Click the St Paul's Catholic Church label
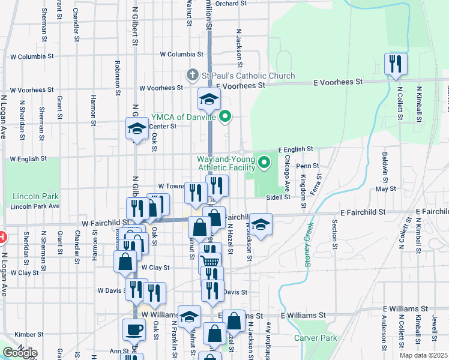point(248,76)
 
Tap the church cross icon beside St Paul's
point(193,76)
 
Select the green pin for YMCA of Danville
point(226,116)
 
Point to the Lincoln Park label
point(35,197)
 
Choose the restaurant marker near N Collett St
point(396,64)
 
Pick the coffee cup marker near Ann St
point(134,329)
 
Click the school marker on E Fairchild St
point(261,224)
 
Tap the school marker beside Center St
point(137,128)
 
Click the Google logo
point(20,353)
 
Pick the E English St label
point(295,149)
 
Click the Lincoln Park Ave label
point(35,206)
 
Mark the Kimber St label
point(26,334)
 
